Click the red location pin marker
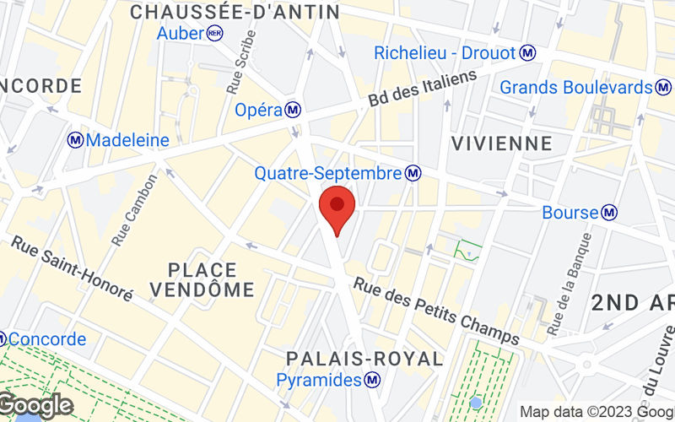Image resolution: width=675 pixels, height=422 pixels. pyautogui.click(x=337, y=211)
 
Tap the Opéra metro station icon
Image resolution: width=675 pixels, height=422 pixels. pyautogui.click(x=293, y=110)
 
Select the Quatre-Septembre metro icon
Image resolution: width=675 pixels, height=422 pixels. pyautogui.click(x=413, y=173)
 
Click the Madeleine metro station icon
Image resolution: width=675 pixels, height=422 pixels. pyautogui.click(x=76, y=140)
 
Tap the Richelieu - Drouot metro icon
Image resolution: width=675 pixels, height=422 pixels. pyautogui.click(x=528, y=53)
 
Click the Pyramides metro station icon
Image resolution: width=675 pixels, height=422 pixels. pyautogui.click(x=371, y=381)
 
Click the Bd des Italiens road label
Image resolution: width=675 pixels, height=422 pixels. pyautogui.click(x=423, y=88)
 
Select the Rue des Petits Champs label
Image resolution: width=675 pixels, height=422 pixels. pyautogui.click(x=436, y=311)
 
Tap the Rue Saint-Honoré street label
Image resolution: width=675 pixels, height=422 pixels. pyautogui.click(x=72, y=268)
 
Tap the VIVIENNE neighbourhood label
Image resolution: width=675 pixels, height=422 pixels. pyautogui.click(x=502, y=143)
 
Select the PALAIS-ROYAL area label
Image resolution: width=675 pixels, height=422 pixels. pyautogui.click(x=364, y=359)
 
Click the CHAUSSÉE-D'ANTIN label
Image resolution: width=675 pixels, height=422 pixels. pyautogui.click(x=235, y=12)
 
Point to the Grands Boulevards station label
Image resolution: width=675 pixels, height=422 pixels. pyautogui.click(x=577, y=87)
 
